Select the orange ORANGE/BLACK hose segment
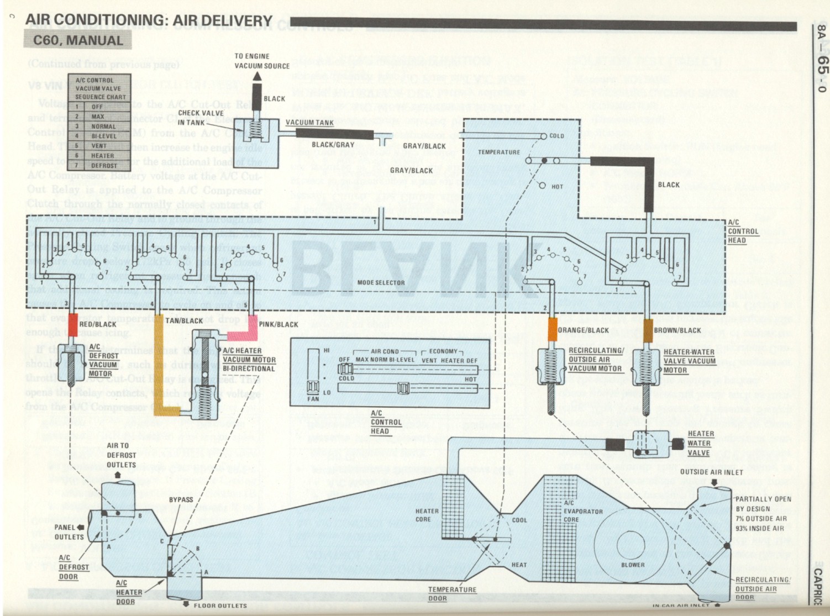(552, 329)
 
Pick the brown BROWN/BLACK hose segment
(648, 330)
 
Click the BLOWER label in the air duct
(633, 565)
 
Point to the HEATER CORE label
(427, 515)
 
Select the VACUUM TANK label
(309, 122)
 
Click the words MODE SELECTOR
(381, 282)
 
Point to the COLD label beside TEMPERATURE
(556, 136)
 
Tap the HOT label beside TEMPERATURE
(557, 187)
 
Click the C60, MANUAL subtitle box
(77, 40)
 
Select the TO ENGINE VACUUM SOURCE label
(261, 61)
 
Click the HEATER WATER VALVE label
(700, 443)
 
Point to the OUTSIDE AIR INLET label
(711, 472)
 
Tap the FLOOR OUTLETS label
(220, 606)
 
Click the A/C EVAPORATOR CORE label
(582, 511)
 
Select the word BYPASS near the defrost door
(181, 499)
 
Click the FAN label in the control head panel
(313, 398)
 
